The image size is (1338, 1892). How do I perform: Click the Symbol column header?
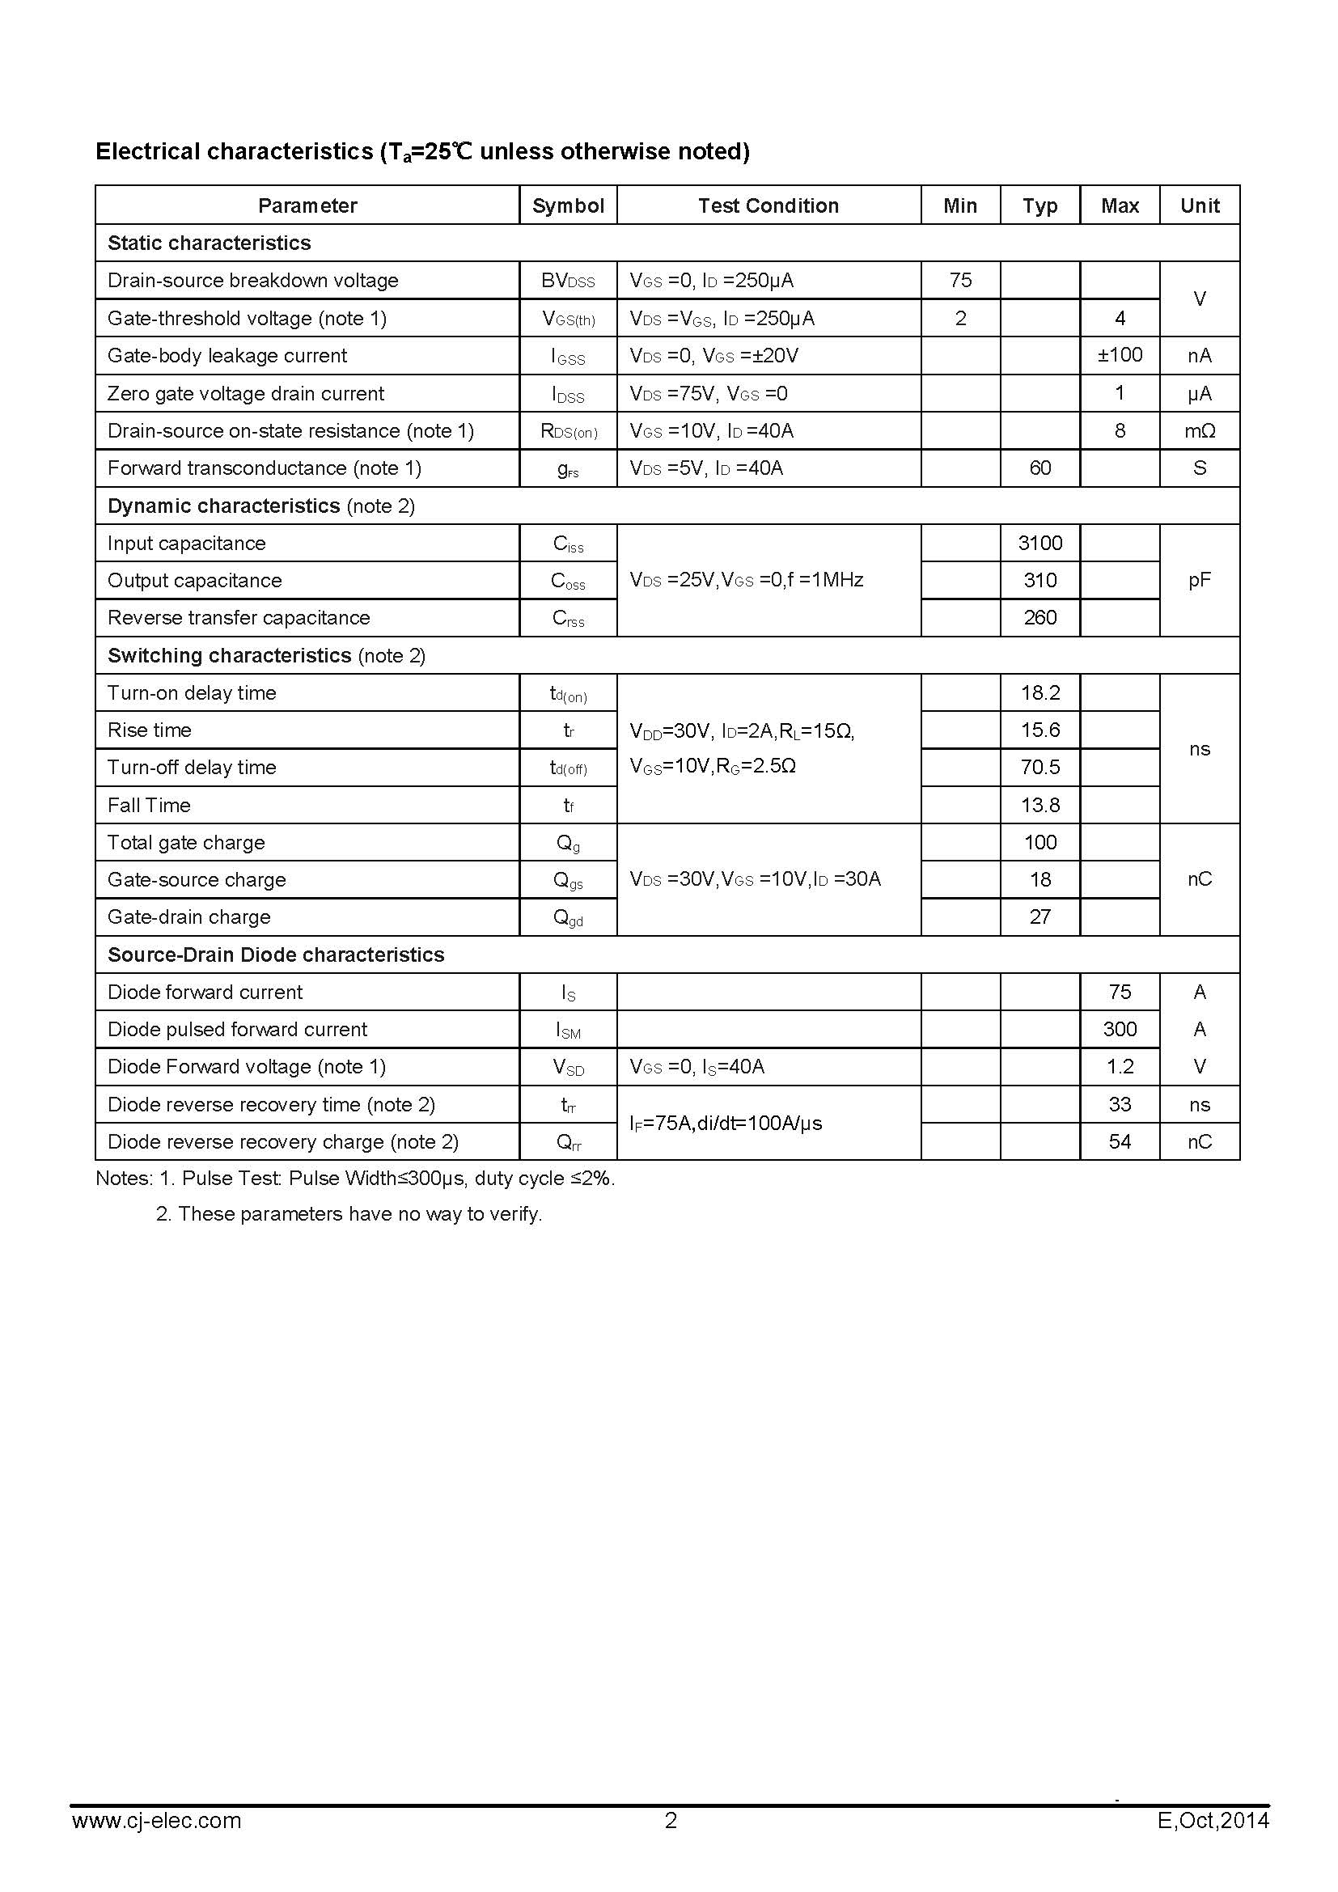tap(568, 205)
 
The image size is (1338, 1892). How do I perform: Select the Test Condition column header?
tap(768, 205)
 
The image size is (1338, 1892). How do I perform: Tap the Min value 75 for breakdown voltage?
tap(960, 280)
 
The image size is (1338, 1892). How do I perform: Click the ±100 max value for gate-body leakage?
tap(1119, 355)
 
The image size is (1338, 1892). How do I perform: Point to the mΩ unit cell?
tap(1199, 430)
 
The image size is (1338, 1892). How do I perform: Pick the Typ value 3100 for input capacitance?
tap(1039, 543)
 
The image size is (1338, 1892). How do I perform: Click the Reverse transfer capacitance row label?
tap(239, 618)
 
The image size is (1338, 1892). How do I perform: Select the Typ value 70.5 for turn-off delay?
tap(1039, 767)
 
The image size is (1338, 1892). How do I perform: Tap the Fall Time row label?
tap(149, 805)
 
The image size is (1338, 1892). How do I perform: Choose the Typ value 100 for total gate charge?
tap(1039, 842)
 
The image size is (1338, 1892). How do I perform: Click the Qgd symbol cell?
tap(568, 917)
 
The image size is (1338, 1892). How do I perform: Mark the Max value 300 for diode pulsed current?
tap(1119, 1029)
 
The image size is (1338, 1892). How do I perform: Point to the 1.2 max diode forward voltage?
tap(1119, 1066)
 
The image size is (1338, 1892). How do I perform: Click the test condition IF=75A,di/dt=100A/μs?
tap(726, 1124)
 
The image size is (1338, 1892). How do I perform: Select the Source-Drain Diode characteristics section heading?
tap(276, 954)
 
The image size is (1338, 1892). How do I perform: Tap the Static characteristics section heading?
tap(210, 243)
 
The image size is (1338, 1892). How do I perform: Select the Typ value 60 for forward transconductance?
tap(1039, 468)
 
